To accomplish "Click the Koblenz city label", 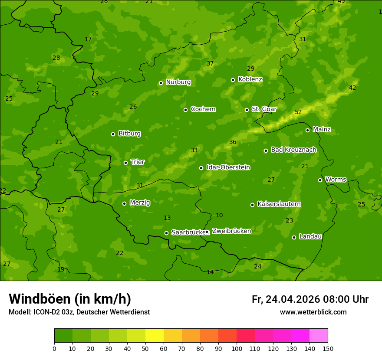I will point(250,79).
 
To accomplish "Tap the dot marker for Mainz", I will point(307,130).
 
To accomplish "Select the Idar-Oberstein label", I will point(228,167).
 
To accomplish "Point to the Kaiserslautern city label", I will point(279,204).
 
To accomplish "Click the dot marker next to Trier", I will point(125,163).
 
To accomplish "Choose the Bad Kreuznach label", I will point(293,150).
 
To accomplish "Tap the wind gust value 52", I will point(298,112).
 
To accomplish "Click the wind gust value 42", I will point(352,88).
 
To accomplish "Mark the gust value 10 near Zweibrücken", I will point(219,216).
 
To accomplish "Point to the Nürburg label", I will point(178,82).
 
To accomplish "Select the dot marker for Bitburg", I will point(113,134).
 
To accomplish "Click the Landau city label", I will point(310,236).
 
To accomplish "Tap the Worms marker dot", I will point(320,180).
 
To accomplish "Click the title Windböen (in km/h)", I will point(69,299).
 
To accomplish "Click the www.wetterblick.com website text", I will point(313,312).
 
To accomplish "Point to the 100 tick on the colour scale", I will point(237,348).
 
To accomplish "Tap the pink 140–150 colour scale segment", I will point(319,336).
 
